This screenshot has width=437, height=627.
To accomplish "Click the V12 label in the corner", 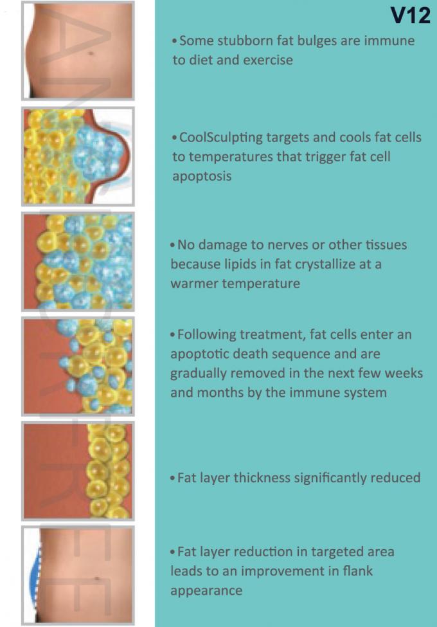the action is tap(410, 15).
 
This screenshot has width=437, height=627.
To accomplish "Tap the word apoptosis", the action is tap(202, 176).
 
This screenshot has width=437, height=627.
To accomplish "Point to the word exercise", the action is tap(267, 60).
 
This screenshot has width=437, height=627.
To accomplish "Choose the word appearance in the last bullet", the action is tap(206, 591).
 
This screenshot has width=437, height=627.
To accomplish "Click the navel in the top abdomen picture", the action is tap(91, 53).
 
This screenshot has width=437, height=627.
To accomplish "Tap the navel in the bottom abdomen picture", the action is tap(97, 578).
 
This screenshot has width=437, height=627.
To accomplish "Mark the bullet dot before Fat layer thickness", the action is tap(173, 478).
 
